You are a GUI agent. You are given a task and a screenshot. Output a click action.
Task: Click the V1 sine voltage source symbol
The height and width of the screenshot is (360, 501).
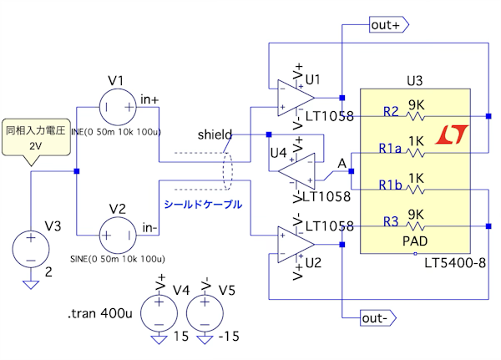click(x=116, y=108)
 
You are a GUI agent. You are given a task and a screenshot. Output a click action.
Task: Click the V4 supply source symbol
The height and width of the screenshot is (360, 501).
click(x=158, y=312)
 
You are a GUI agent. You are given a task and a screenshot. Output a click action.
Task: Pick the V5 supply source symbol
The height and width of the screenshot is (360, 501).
click(x=203, y=312)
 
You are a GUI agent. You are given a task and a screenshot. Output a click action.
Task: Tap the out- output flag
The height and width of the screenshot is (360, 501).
click(x=377, y=318)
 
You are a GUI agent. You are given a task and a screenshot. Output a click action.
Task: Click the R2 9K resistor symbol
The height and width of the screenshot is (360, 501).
click(x=415, y=116)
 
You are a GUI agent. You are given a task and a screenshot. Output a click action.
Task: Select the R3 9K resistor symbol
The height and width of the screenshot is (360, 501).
click(x=415, y=226)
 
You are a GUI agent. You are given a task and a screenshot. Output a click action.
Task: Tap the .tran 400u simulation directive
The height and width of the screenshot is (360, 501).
click(x=99, y=316)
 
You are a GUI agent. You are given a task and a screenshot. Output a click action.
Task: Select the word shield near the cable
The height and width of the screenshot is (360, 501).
click(x=215, y=134)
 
